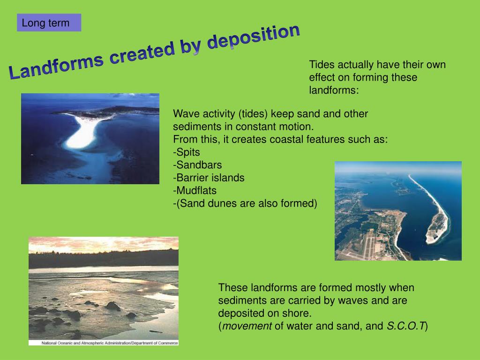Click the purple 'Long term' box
49,22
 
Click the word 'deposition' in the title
254,37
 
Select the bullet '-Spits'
187,152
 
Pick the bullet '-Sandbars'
197,165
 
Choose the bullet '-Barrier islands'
209,178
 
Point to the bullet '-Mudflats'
195,191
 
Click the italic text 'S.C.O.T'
406,326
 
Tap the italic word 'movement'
247,326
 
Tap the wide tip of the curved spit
437,228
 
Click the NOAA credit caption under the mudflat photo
110,343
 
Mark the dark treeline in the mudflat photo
104,259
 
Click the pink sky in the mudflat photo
104,244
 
